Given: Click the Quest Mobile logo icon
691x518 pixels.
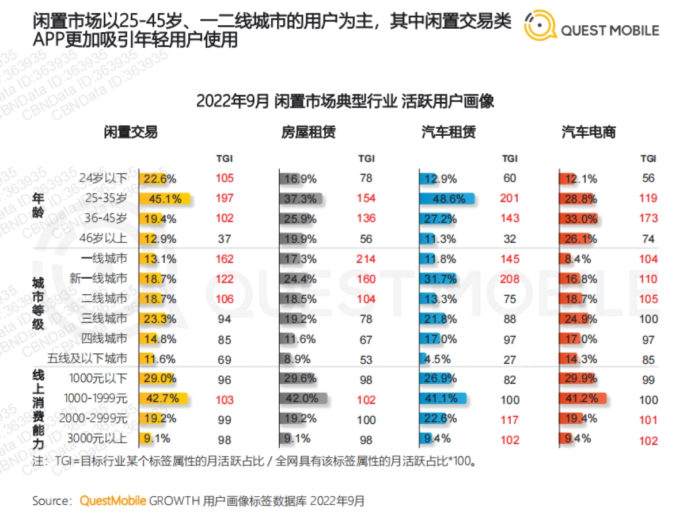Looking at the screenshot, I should (540, 26).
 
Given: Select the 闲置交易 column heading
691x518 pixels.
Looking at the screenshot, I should (131, 132).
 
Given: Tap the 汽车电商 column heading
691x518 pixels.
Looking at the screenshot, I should (588, 132).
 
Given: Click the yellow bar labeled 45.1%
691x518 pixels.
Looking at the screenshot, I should (165, 199).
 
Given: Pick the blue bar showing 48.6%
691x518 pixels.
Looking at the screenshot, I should (447, 199).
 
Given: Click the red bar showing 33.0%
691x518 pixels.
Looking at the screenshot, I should (578, 219).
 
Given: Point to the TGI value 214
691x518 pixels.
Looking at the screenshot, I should (366, 259).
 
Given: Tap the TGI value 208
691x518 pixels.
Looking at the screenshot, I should (510, 279).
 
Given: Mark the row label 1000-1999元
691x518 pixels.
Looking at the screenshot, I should (93, 398).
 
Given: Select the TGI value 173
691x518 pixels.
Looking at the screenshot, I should (648, 219).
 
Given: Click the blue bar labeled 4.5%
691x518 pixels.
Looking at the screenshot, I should (423, 359).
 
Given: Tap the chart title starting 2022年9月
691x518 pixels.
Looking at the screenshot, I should (345, 101).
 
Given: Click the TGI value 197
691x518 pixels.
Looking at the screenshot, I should (225, 199).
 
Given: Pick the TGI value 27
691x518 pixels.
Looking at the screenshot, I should (510, 359).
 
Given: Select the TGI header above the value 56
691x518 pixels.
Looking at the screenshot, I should (648, 158).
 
